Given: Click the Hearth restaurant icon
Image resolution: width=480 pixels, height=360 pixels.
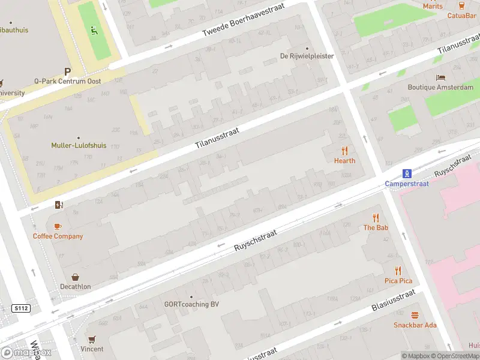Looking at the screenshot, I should (344, 151).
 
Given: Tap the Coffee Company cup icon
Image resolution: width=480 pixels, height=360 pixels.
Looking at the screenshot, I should (58, 226).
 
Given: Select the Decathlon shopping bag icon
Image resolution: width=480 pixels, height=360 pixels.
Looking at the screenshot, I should (76, 277).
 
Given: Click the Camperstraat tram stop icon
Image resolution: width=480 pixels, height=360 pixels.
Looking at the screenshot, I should (407, 174).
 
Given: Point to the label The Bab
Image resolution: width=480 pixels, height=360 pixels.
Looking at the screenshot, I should (376, 228).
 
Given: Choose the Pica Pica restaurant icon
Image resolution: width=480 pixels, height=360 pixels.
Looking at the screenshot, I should (398, 271).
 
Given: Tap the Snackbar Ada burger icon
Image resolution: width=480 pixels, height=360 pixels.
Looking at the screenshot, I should (415, 315).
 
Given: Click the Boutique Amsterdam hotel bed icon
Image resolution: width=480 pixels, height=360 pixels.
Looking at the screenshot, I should (440, 77).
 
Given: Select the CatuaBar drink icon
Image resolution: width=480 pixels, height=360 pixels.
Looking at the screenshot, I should (461, 5).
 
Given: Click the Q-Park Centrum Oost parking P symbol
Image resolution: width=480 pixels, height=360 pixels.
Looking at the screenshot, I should (68, 71).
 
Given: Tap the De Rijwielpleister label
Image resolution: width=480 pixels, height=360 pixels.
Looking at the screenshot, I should (307, 56).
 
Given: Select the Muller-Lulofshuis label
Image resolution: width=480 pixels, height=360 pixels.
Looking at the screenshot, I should (79, 145).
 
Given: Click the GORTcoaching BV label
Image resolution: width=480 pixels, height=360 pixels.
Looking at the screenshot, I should (191, 304).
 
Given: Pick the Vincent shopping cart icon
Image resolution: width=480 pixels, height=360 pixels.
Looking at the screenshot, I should (92, 339).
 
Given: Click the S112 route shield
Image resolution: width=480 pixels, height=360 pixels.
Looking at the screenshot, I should (21, 308).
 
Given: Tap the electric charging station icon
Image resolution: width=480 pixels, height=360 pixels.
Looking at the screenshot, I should (58, 205).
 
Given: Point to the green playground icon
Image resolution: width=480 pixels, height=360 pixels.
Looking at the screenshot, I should (92, 30).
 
